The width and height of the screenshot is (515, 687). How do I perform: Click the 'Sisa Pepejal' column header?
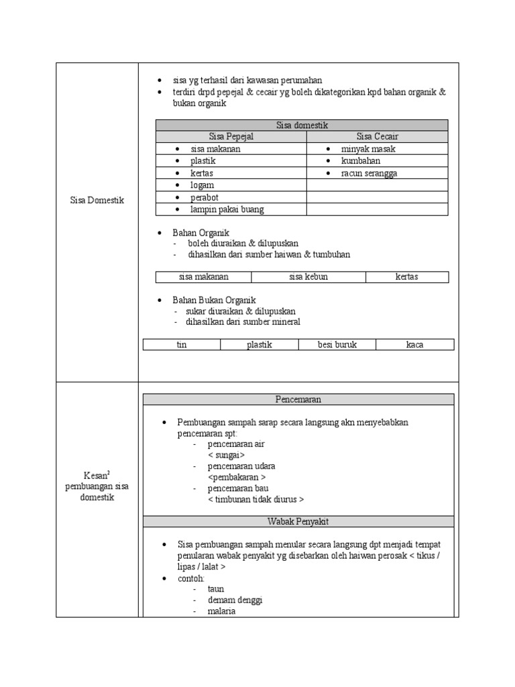[231, 137]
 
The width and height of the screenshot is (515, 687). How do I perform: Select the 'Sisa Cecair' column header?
[378, 137]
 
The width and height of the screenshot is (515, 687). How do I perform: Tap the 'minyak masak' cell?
[368, 149]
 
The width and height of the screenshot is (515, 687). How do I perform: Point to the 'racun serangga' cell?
[369, 173]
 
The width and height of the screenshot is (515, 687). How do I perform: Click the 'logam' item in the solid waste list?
[202, 185]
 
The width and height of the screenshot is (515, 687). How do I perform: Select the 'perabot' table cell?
[205, 197]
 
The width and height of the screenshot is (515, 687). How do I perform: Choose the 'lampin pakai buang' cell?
[227, 209]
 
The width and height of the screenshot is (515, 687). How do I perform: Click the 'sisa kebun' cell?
[308, 277]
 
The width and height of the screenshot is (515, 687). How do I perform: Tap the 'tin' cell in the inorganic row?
[181, 345]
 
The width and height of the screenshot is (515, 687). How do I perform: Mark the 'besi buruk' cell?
[337, 345]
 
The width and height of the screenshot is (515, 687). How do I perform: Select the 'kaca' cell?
[414, 345]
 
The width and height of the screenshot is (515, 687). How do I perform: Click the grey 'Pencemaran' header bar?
[298, 399]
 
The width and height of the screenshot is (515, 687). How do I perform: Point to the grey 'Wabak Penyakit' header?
[298, 521]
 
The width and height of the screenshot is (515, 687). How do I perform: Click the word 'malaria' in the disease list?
[221, 612]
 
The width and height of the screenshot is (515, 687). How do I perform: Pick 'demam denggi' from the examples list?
[235, 600]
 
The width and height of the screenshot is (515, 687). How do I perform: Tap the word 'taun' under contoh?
[215, 588]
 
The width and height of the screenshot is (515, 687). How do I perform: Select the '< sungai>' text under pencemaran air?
[226, 455]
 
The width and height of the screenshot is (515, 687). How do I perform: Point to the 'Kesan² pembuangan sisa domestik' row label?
[97, 486]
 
